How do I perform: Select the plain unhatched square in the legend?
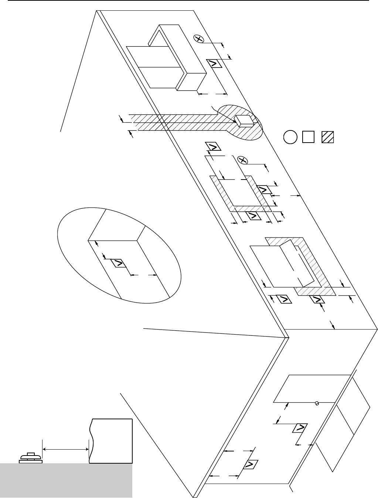pos(308,137)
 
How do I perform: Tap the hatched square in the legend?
pos(328,137)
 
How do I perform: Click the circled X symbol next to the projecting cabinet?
pos(199,39)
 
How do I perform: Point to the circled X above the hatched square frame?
pos(242,160)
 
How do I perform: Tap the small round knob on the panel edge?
pos(317,403)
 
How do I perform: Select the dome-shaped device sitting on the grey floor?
pos(31,457)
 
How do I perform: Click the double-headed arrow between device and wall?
pos(65,449)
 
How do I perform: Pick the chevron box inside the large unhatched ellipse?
pos(119,263)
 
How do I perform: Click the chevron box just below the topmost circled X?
pos(214,63)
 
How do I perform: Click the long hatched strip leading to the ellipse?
pos(174,122)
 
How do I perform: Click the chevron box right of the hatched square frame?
pos(263,190)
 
